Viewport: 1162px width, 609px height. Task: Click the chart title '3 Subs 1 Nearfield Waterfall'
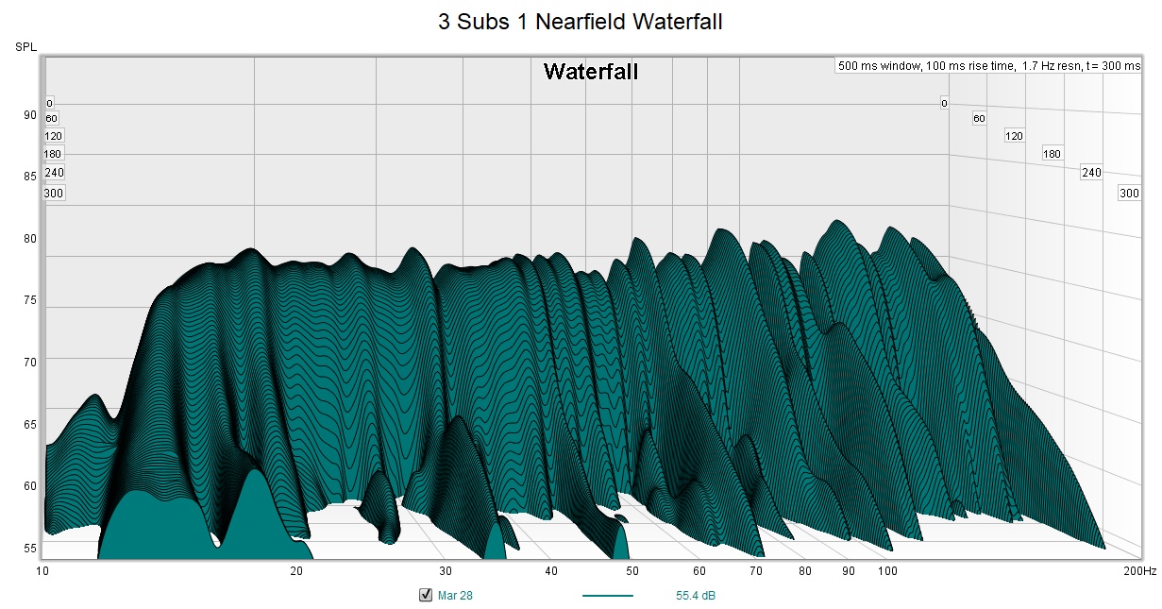click(580, 22)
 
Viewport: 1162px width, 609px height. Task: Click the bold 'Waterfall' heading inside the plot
click(591, 72)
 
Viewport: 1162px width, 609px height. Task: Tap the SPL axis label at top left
click(25, 46)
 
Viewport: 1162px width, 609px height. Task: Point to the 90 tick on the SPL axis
click(30, 115)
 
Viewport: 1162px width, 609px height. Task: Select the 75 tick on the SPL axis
click(30, 300)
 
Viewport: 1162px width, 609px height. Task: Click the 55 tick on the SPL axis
click(30, 549)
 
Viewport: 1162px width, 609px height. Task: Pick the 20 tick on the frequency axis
click(296, 571)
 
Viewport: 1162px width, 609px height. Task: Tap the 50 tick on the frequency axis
click(632, 571)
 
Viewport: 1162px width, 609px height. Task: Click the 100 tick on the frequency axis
click(887, 571)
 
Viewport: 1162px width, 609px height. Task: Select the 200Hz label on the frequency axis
click(1139, 571)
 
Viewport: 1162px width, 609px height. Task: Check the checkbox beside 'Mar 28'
click(425, 595)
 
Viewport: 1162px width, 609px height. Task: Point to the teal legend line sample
click(607, 596)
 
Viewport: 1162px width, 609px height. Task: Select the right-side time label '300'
click(1129, 194)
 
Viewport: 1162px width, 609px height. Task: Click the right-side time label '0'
click(944, 103)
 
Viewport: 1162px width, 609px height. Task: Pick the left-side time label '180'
click(53, 154)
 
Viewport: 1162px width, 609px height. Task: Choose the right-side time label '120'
click(1014, 136)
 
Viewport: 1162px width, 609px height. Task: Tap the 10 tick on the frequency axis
click(42, 571)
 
